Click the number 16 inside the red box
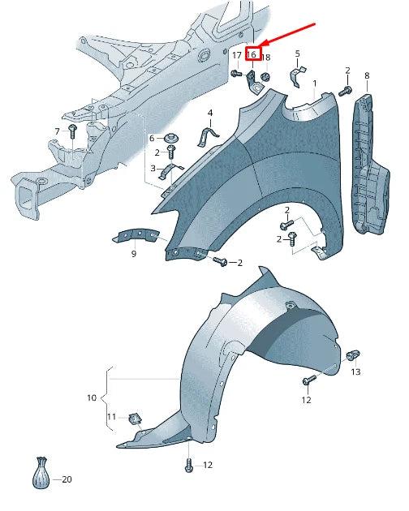pos(252,55)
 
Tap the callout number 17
pos(236,55)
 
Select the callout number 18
pos(266,57)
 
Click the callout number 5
pos(297,54)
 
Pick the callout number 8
pos(366,75)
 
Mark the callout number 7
pos(58,131)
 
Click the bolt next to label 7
pos(73,131)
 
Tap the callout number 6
pos(151,139)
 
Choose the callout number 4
pos(209,112)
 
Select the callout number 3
pos(152,168)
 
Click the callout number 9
pos(134,253)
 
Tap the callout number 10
pos(92,397)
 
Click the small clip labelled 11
pos(136,419)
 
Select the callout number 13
pos(355,371)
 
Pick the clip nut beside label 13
pos(353,355)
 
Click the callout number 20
pos(67,479)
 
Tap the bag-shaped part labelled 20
pos(41,474)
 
